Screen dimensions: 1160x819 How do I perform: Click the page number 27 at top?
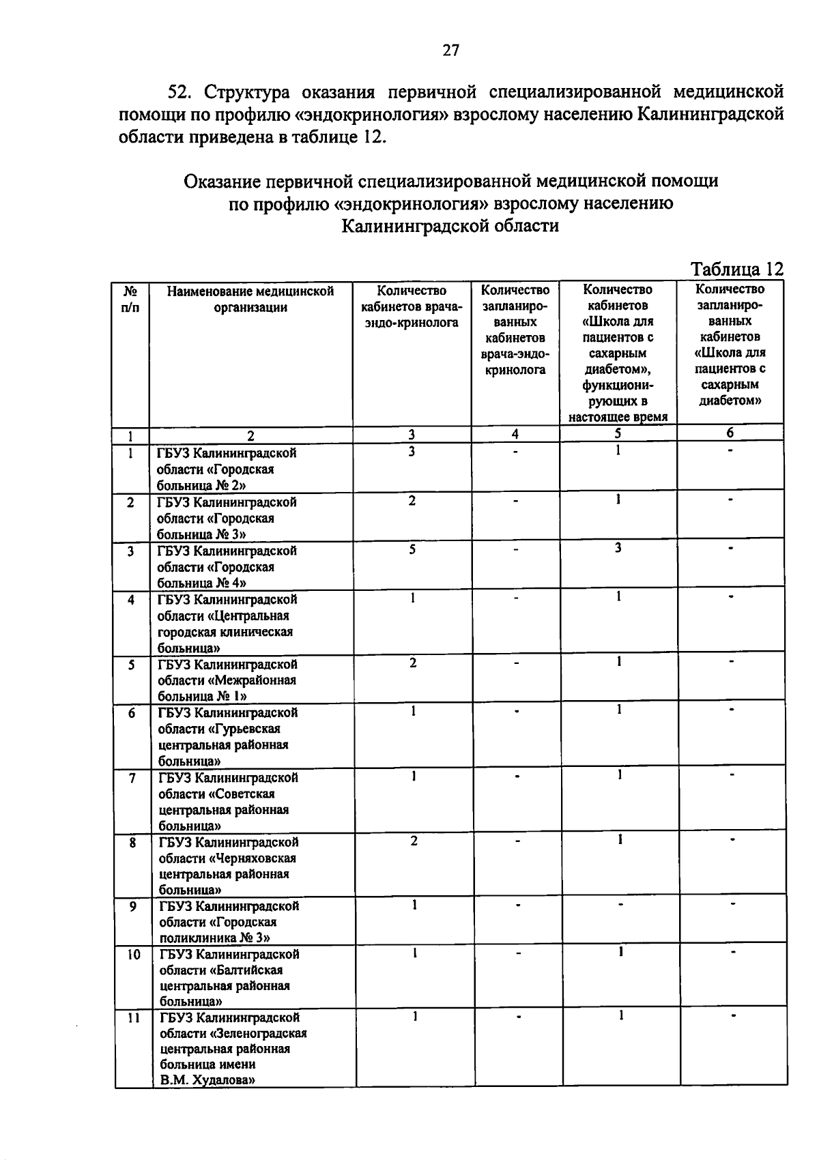pyautogui.click(x=450, y=50)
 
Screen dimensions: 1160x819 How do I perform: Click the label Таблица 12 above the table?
pyautogui.click(x=736, y=269)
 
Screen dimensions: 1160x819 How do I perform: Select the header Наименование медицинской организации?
pyautogui.click(x=250, y=299)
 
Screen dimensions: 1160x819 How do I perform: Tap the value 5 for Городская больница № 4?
pyautogui.click(x=412, y=549)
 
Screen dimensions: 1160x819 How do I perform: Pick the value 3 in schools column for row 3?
pyautogui.click(x=618, y=547)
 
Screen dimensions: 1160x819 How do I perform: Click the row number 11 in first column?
pyautogui.click(x=134, y=1017)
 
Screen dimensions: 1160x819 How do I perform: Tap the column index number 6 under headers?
pyautogui.click(x=730, y=433)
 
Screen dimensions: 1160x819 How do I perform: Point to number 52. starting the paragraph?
pyautogui.click(x=182, y=92)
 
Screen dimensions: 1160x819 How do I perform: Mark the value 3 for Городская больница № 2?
pyautogui.click(x=412, y=451)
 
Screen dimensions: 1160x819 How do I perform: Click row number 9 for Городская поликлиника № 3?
pyautogui.click(x=132, y=906)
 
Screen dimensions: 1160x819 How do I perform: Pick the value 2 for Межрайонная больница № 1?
pyautogui.click(x=412, y=663)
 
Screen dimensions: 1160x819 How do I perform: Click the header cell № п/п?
pyautogui.click(x=131, y=299)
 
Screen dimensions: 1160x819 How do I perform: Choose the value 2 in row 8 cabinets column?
pyautogui.click(x=414, y=841)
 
